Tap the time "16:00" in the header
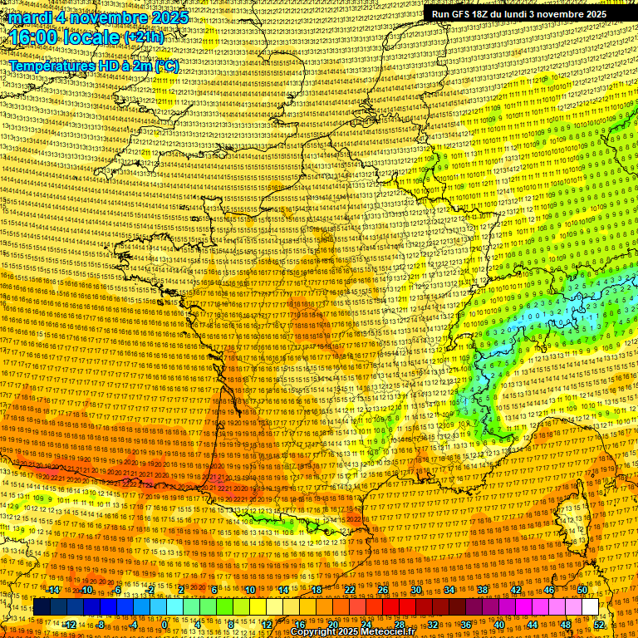point(38,37)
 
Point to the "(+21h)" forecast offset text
point(144,37)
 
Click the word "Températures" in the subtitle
point(52,66)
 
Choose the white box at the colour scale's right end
point(590,606)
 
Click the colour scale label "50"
point(582,590)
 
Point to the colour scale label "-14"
point(53,590)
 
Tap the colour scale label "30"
point(416,590)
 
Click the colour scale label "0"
point(164,624)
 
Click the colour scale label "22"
point(350,590)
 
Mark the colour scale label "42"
point(516,590)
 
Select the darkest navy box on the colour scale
point(42,606)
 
